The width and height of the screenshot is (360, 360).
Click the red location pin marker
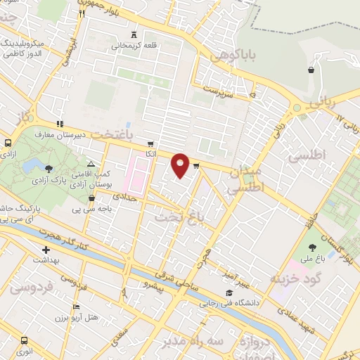pos(181,165)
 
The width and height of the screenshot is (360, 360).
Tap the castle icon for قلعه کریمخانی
pos(133,34)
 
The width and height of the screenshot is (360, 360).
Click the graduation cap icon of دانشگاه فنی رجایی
pos(228,293)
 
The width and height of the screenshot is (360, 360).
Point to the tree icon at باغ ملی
pos(313,247)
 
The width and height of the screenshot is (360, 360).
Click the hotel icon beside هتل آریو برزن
pos(76,307)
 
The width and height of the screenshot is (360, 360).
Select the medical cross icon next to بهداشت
pos(46,250)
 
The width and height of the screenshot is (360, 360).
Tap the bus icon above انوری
pos(25,339)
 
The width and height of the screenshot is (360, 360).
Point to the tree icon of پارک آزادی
pos(49,169)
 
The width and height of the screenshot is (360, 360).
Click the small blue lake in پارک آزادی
pos(31,166)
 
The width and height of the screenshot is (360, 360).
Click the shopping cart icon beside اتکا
pos(150,143)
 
